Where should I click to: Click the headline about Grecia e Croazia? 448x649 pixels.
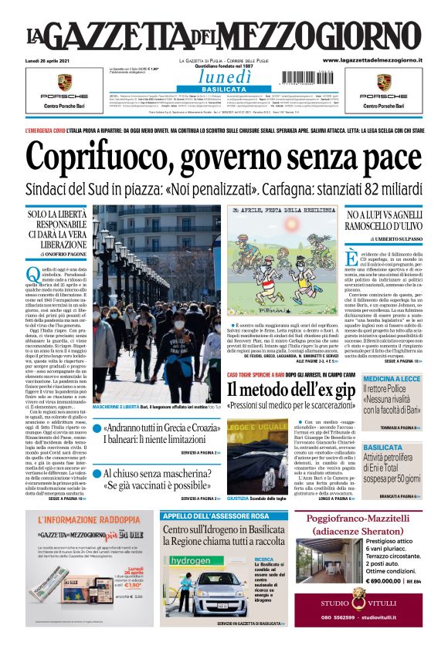click(x=161, y=427)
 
